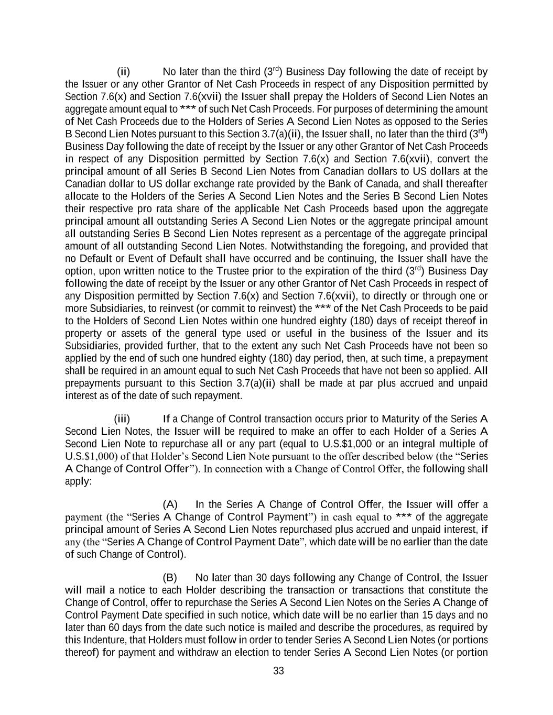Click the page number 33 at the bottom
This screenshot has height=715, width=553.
pos(278,671)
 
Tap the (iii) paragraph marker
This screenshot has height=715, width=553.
pos(122,419)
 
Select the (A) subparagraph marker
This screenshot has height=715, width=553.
pos(170,504)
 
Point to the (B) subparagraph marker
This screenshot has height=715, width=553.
pos(170,578)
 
